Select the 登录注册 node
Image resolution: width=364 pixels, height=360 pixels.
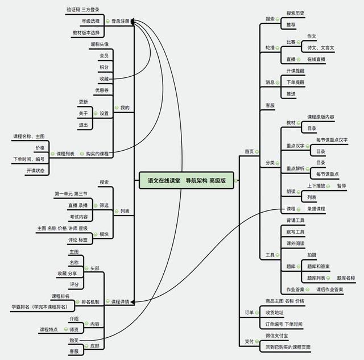pos(121,20)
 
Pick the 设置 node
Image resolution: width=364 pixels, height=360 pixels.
pos(104,113)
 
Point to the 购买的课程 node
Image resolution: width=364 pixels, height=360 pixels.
pos(97,154)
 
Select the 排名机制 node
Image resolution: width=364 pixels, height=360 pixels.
pos(90,301)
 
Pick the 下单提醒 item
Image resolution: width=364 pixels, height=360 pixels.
pos(295,82)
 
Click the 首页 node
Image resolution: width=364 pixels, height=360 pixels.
pos(249,151)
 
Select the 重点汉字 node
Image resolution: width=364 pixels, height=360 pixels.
pos(295,146)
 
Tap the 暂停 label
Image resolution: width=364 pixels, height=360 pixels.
pos(341,185)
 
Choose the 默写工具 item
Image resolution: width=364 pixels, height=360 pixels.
pos(295,232)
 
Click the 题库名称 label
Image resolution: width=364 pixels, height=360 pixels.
pos(346,278)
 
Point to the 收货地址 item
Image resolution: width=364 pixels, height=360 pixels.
pos(274,312)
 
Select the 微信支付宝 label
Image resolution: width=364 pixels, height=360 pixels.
pos(278,336)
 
